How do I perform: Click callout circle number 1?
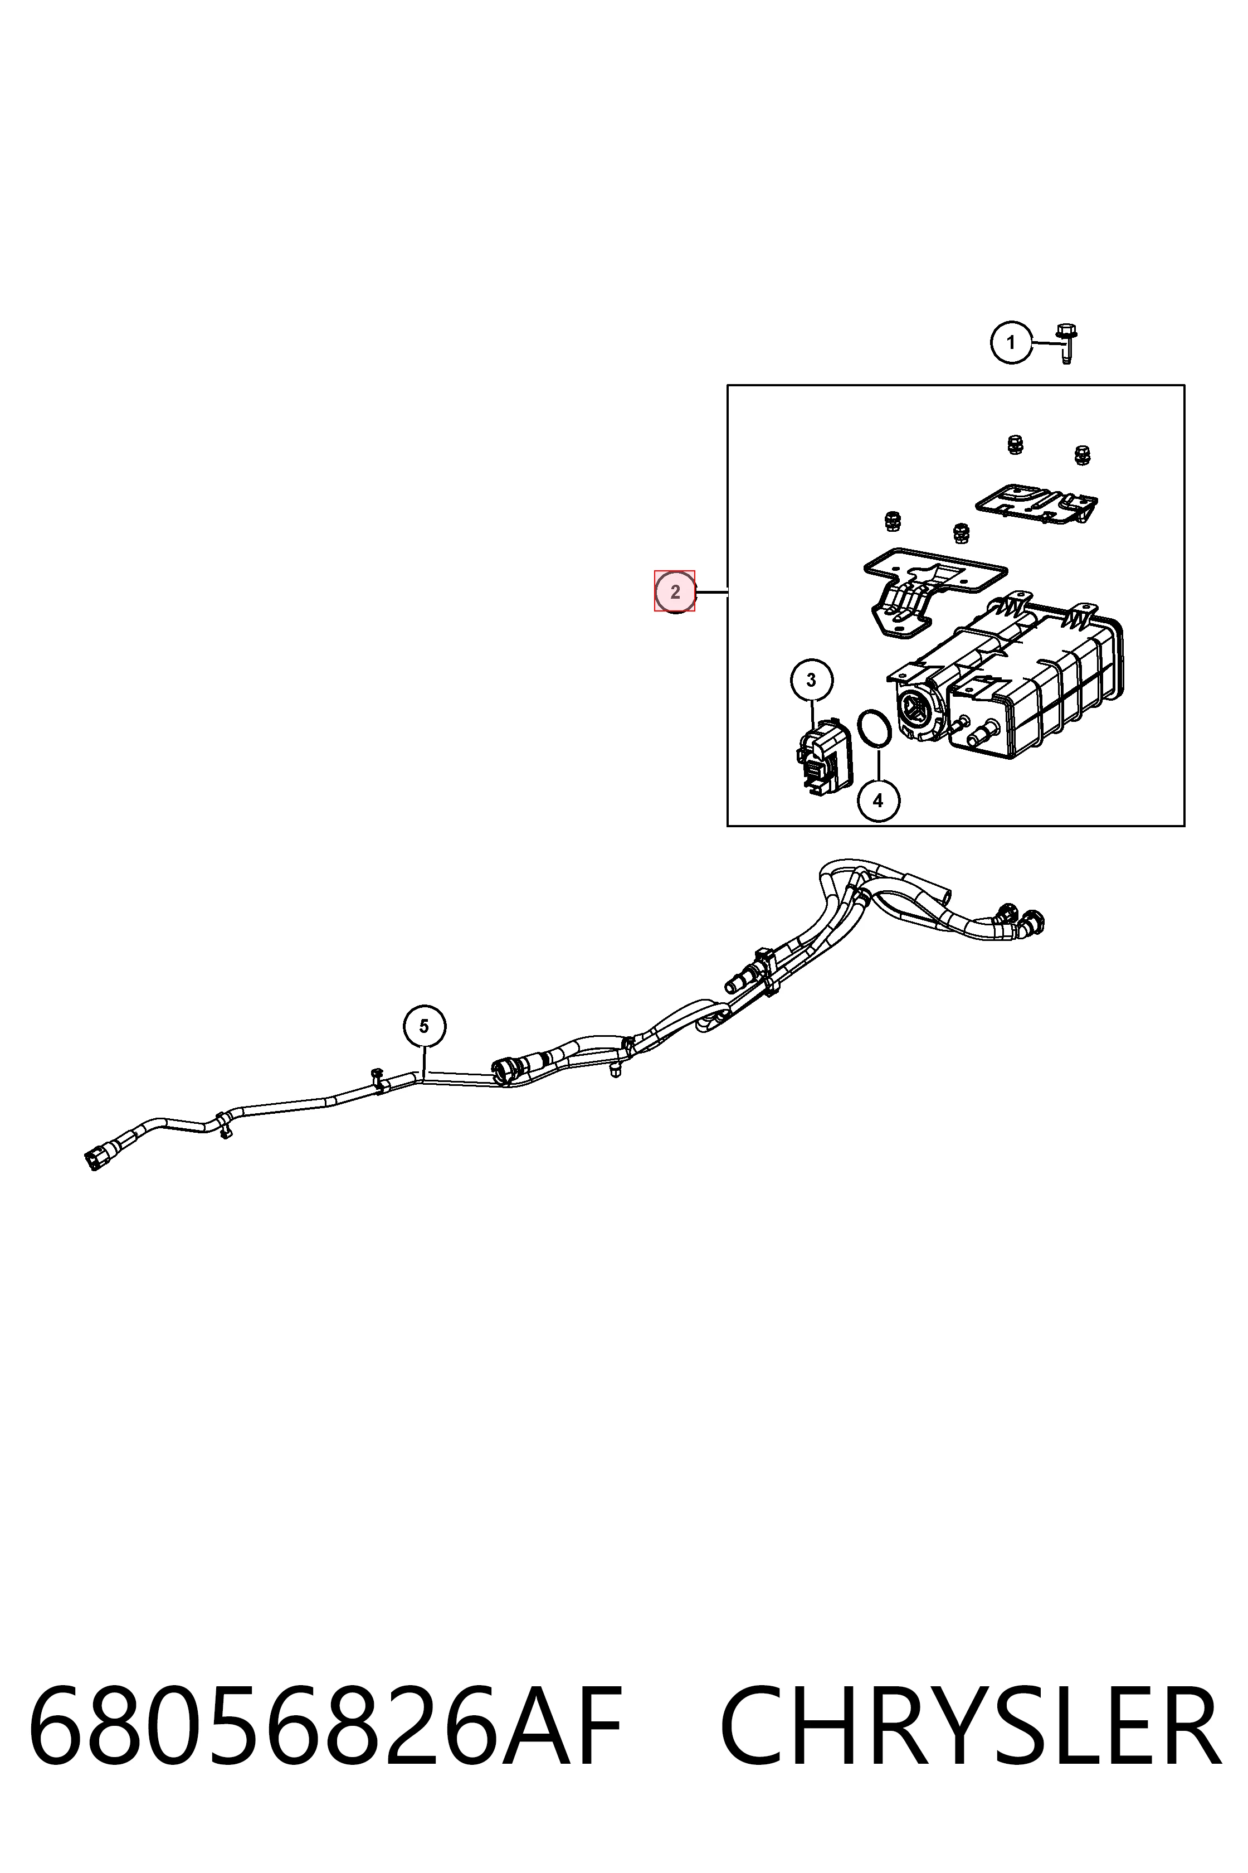pyautogui.click(x=1011, y=343)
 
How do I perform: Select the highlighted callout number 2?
pyautogui.click(x=675, y=591)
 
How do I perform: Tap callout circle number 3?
pyautogui.click(x=811, y=680)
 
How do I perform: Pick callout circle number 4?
pyautogui.click(x=878, y=800)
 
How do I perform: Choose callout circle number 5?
pyautogui.click(x=424, y=1026)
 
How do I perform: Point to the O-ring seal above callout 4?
pyautogui.click(x=874, y=730)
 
